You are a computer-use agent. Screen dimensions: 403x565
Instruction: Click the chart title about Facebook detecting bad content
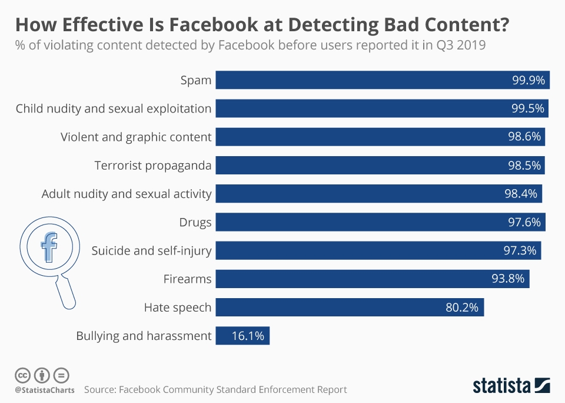point(262,25)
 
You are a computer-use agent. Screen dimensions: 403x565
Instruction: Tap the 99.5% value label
point(528,108)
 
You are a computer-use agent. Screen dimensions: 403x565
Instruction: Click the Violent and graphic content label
point(136,137)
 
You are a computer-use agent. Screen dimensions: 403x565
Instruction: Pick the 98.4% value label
point(522,193)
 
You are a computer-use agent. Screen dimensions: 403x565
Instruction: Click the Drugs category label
point(195,222)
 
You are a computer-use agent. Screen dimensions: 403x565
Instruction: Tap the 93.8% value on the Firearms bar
point(507,279)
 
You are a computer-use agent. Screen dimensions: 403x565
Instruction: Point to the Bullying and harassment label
point(144,336)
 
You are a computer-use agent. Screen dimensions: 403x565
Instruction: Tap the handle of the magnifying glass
point(66,293)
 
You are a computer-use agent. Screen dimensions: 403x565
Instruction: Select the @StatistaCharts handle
point(45,390)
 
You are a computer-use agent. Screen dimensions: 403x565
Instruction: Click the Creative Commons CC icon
point(22,375)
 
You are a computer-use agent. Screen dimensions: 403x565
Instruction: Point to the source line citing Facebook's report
point(215,389)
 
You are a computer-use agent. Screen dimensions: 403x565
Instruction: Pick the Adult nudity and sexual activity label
point(127,193)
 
